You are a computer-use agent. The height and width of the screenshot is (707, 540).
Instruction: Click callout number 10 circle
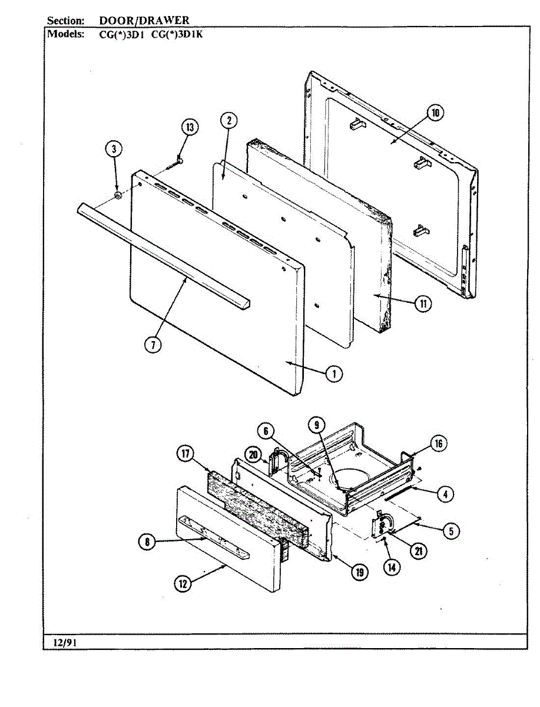[x=435, y=114]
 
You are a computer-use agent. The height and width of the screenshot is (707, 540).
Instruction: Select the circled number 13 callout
[x=190, y=127]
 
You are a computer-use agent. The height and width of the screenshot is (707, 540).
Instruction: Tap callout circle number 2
[x=228, y=121]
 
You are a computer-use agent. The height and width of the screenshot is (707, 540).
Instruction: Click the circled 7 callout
[x=153, y=345]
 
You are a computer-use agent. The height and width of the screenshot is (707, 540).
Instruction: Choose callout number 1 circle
[x=334, y=374]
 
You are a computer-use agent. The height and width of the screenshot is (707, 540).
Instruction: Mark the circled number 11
[x=422, y=304]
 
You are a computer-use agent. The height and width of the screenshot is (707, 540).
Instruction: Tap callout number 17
[x=185, y=454]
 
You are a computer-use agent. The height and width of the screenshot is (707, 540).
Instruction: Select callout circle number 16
[x=439, y=444]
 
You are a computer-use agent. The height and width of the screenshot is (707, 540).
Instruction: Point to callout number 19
[x=357, y=571]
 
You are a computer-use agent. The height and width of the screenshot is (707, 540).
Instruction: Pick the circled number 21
[x=418, y=551]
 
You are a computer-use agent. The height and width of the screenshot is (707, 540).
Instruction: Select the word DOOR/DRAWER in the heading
[x=144, y=21]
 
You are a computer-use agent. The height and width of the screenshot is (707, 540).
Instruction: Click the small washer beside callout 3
[x=117, y=195]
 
